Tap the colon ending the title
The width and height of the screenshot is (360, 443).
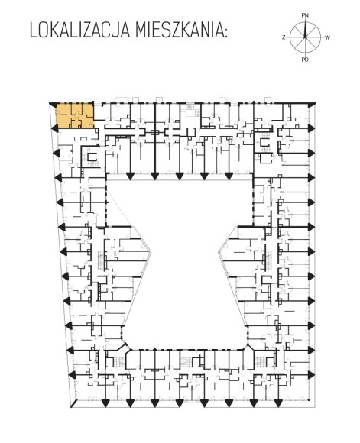[x=225, y=32]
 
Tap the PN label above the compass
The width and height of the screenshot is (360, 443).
[x=305, y=15]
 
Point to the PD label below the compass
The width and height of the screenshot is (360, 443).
[x=305, y=60]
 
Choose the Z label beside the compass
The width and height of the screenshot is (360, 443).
[x=284, y=37]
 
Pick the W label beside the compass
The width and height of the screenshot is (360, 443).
[x=327, y=37]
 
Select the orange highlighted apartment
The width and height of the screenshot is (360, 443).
[x=75, y=116]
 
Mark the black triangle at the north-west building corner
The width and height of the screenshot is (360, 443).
[x=53, y=105]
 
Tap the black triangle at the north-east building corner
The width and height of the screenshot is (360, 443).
[x=311, y=105]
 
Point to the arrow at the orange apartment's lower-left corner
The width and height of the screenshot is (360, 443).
[x=54, y=129]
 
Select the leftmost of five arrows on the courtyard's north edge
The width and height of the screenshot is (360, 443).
[x=130, y=176]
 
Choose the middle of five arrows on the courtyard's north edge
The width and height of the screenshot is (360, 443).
[x=179, y=176]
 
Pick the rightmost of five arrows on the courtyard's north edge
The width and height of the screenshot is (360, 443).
[x=229, y=176]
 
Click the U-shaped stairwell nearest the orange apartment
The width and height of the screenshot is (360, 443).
[x=92, y=157]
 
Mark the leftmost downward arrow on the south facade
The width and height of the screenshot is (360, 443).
[x=105, y=403]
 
